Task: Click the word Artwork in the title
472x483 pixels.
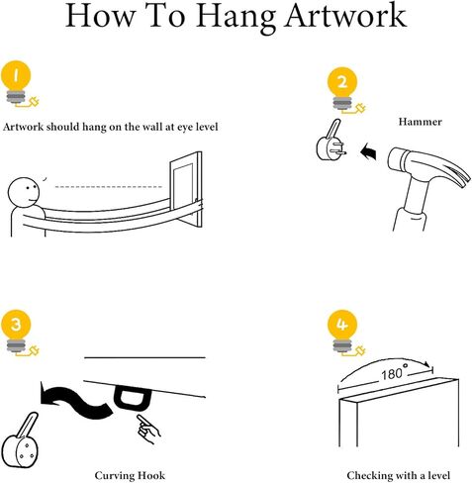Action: tap(345, 16)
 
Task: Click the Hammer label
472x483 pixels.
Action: tap(420, 122)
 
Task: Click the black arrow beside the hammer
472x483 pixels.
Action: tap(368, 152)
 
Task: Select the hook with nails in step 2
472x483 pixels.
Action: tap(330, 142)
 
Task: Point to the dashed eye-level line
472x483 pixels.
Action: tap(109, 187)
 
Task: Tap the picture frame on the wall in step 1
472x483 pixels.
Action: tap(186, 189)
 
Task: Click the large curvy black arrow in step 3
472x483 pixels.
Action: tap(76, 402)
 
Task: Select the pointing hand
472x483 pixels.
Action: tap(147, 429)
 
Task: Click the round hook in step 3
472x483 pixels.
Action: tap(20, 443)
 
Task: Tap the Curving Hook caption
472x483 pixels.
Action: tap(130, 475)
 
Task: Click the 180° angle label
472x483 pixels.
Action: tap(394, 374)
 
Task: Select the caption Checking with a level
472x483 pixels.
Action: tap(398, 475)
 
